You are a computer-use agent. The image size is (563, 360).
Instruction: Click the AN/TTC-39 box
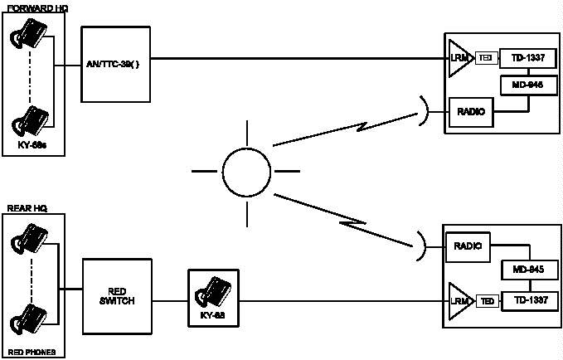[116, 64]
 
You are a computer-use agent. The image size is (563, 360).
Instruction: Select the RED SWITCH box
[117, 296]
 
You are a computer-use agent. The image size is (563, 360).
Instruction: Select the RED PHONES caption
[32, 352]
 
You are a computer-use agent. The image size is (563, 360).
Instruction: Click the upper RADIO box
[469, 111]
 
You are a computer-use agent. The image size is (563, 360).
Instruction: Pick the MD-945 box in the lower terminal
[528, 270]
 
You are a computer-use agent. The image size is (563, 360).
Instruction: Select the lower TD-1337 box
[528, 299]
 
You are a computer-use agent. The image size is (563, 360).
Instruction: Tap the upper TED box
[488, 59]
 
